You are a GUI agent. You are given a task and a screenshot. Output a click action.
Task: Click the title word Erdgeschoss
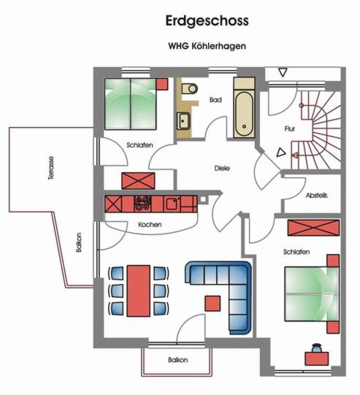pyautogui.click(x=207, y=21)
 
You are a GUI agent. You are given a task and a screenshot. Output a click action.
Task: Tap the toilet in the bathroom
pyautogui.click(x=190, y=88)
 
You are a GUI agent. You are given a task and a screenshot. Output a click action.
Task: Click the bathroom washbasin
pyautogui.click(x=183, y=121)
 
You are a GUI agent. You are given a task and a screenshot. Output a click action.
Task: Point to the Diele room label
pyautogui.click(x=222, y=168)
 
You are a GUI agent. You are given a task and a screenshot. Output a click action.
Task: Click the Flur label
pyautogui.click(x=290, y=129)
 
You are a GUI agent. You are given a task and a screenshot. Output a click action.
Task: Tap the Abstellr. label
pyautogui.click(x=317, y=196)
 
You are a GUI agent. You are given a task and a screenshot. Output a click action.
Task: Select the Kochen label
pyautogui.click(x=150, y=224)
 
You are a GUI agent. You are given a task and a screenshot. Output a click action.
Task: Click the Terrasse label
pyautogui.click(x=51, y=168)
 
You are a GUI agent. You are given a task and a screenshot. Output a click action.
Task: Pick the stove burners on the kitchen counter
pyautogui.click(x=143, y=203)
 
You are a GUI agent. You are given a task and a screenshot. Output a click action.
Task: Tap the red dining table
pyautogui.click(x=139, y=291)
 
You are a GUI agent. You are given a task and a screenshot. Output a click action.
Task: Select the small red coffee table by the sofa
pyautogui.click(x=212, y=303)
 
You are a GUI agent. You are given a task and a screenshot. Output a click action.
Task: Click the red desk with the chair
pyautogui.click(x=317, y=358)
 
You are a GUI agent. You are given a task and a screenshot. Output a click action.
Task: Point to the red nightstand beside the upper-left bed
pyautogui.click(x=162, y=84)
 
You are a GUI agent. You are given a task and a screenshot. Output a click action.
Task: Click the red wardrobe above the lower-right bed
pyautogui.click(x=314, y=228)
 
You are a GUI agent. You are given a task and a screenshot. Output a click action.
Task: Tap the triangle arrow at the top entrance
pyautogui.click(x=283, y=72)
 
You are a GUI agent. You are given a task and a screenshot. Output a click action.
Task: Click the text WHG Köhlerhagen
pyautogui.click(x=207, y=46)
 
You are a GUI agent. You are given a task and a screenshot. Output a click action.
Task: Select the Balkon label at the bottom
pyautogui.click(x=178, y=360)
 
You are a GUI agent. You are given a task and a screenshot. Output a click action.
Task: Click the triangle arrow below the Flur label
pyautogui.click(x=281, y=153)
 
